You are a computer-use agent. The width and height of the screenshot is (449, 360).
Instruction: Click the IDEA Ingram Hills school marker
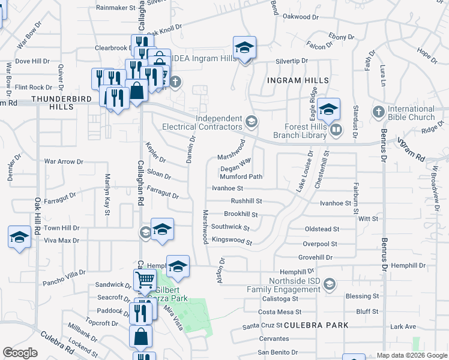pos(244,47)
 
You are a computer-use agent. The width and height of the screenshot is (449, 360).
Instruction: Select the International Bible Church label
pos(411,113)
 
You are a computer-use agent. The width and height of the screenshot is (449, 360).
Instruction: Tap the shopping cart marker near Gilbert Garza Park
pos(145,280)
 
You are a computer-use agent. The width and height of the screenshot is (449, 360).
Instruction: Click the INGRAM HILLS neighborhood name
pos(298,80)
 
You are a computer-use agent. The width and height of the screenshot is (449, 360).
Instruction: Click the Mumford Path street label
pos(241,177)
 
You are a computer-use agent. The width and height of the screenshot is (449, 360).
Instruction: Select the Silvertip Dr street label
pos(291,61)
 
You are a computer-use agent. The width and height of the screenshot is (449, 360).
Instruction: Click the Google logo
pos(20,353)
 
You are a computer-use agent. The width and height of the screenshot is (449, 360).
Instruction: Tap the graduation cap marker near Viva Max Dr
pos(19,236)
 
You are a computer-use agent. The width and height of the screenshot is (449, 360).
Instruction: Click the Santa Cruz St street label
pos(262,326)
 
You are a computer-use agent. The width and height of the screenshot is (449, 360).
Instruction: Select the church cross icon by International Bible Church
pos(379,112)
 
